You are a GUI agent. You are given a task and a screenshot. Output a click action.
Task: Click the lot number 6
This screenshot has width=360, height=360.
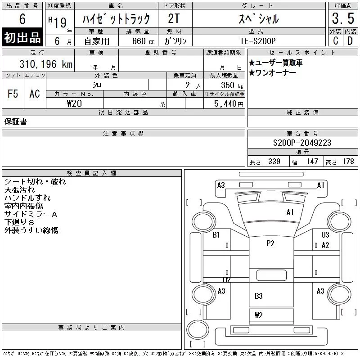pyautogui.click(x=22, y=19)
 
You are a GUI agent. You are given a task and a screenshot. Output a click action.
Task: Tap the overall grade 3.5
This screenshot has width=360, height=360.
pyautogui.click(x=343, y=18)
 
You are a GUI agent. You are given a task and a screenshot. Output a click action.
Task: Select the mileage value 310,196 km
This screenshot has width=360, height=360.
pyautogui.click(x=46, y=64)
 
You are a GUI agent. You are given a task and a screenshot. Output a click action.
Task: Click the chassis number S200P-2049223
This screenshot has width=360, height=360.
pyautogui.click(x=302, y=143)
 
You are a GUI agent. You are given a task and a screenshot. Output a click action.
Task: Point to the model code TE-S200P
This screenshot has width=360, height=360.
pyautogui.click(x=258, y=41)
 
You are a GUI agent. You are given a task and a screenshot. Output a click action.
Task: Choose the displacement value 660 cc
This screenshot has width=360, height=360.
pyautogui.click(x=143, y=41)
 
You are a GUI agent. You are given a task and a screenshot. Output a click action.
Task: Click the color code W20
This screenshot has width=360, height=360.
pyautogui.click(x=74, y=103)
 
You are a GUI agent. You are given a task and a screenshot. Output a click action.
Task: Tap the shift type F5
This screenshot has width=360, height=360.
pyautogui.click(x=13, y=94)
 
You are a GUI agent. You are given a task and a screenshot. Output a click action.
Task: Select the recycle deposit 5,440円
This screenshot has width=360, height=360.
pyautogui.click(x=229, y=104)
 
